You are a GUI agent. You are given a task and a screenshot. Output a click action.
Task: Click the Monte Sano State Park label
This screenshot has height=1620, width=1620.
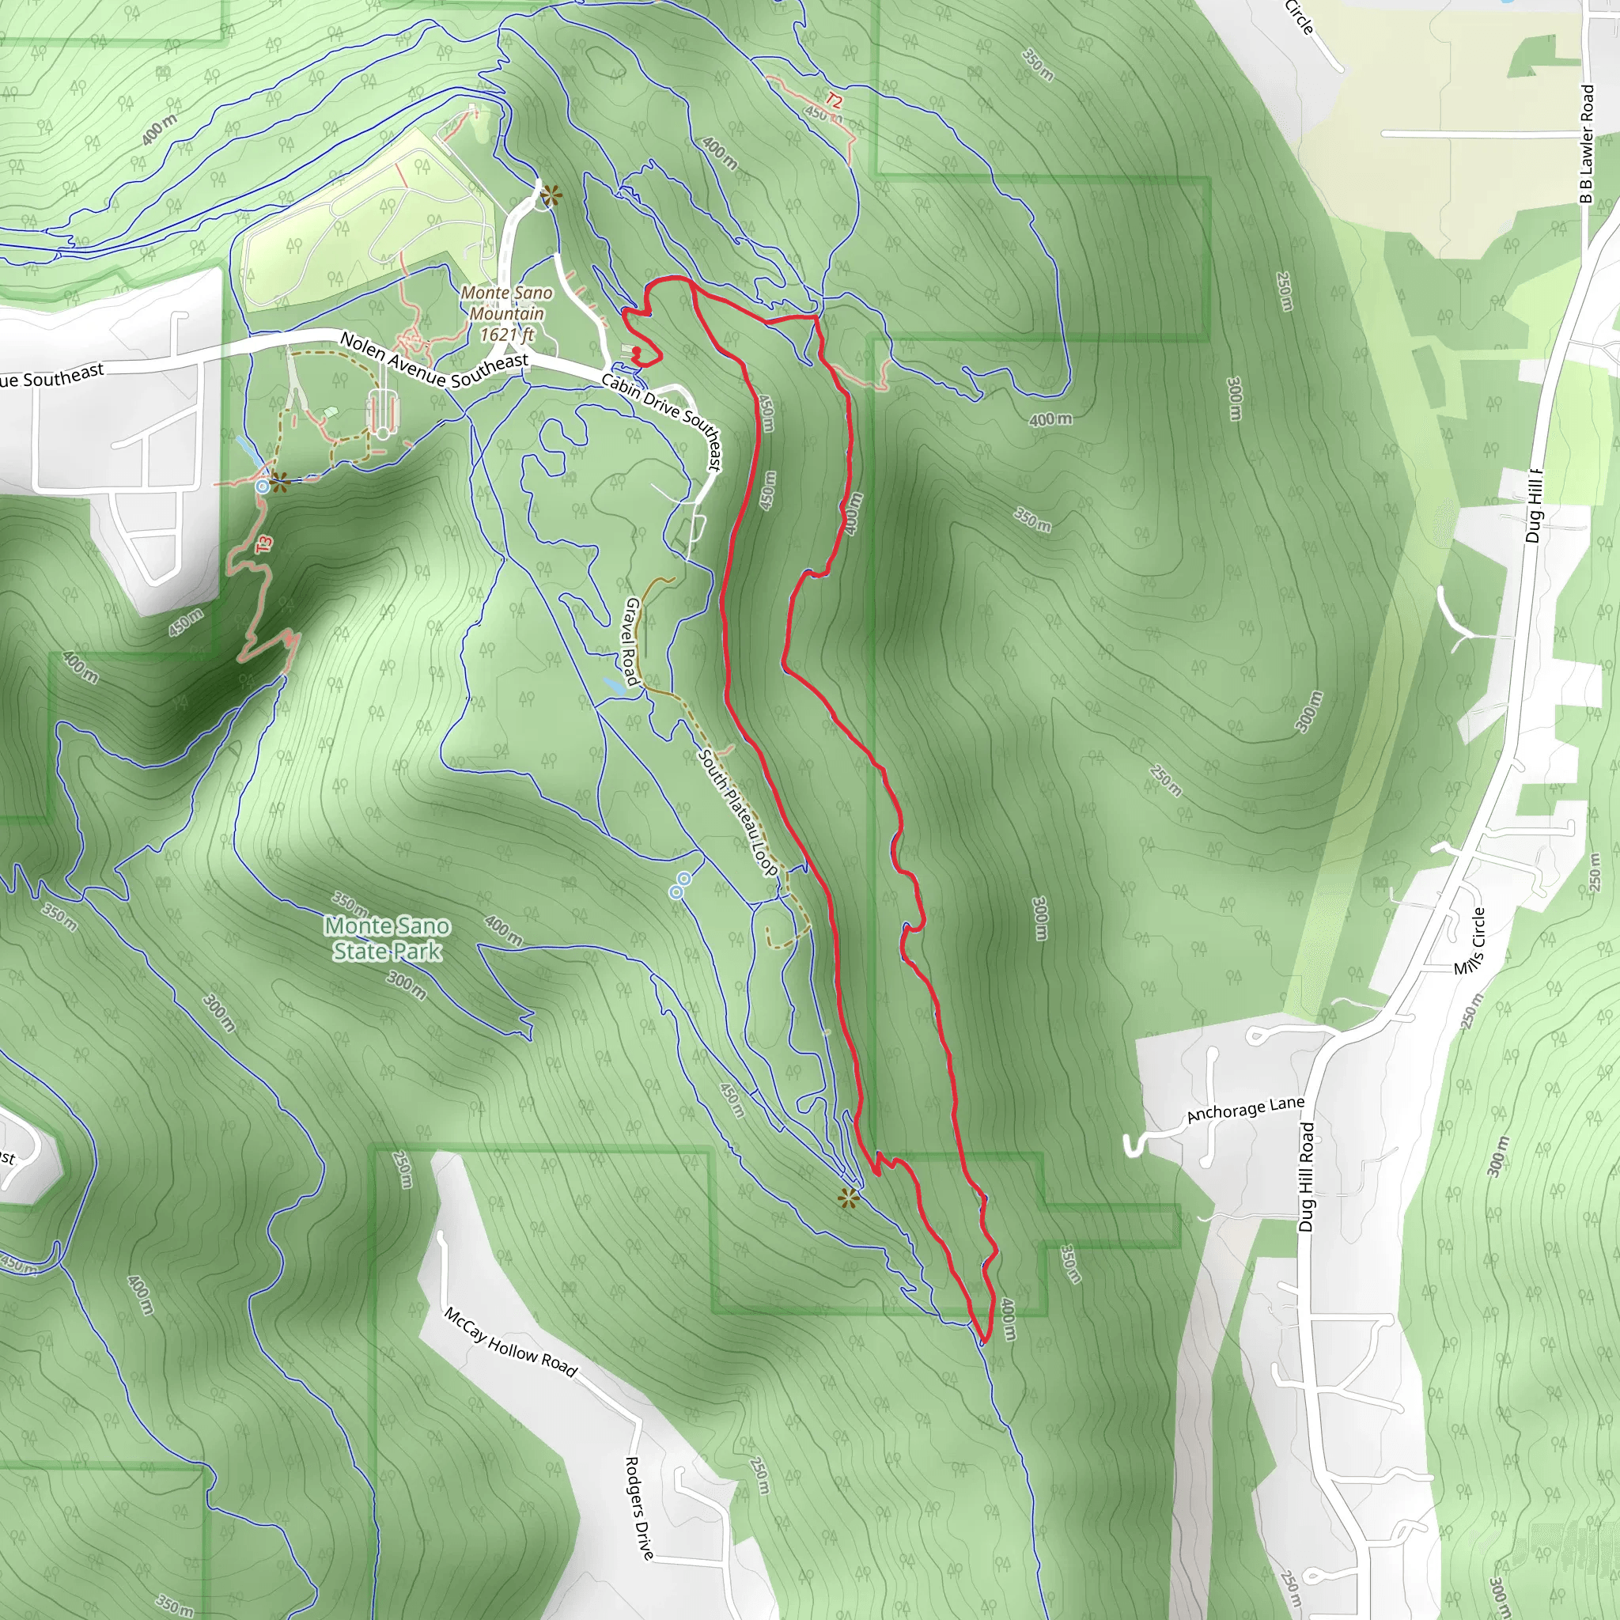tap(387, 938)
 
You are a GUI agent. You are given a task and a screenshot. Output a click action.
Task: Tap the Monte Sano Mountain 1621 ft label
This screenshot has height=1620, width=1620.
tap(506, 313)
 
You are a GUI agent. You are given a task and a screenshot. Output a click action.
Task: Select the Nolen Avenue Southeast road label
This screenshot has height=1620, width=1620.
tap(433, 359)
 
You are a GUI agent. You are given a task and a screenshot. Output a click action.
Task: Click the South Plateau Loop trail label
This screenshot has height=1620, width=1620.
tap(739, 812)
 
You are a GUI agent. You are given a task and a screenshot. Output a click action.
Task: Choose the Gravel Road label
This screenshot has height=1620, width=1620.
tap(631, 641)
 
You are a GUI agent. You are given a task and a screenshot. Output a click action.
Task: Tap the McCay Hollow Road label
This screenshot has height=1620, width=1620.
tap(510, 1342)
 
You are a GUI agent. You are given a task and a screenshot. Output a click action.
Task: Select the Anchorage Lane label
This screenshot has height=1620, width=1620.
tap(1245, 1109)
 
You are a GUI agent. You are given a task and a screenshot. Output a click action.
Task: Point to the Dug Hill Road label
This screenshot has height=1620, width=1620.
tap(1307, 1177)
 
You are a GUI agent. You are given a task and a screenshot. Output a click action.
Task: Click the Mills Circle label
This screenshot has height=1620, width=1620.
tap(1469, 941)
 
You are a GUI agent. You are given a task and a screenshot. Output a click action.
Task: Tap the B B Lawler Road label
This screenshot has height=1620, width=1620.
tap(1586, 143)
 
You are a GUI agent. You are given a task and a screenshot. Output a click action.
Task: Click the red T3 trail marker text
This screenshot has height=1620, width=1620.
tap(265, 543)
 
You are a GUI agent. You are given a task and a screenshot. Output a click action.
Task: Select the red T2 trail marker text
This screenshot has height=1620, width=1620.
tap(833, 100)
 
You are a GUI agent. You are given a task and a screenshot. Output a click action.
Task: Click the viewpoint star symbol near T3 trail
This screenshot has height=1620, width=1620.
tap(279, 483)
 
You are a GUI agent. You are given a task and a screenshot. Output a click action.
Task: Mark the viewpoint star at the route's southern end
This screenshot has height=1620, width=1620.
tap(849, 1198)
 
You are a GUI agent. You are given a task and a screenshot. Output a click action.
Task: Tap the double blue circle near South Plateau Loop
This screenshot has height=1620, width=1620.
tap(680, 885)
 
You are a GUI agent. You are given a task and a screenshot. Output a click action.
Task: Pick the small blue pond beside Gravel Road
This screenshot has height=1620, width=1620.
tap(614, 685)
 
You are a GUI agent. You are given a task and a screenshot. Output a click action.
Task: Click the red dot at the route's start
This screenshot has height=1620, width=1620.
tap(636, 351)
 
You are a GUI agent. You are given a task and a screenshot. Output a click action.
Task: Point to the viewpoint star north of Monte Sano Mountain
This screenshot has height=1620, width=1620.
tap(550, 197)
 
